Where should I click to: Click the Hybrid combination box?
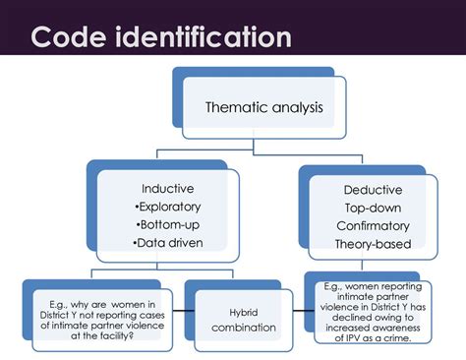233,317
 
